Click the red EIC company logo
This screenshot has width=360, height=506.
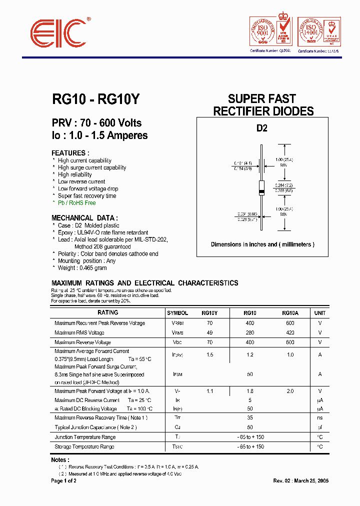coord(59,34)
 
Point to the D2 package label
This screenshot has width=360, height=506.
coord(262,128)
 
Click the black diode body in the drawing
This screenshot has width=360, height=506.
coord(261,187)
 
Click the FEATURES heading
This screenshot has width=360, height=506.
coord(70,153)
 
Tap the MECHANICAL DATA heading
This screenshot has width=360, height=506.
coord(84,218)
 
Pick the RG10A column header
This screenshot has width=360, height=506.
coord(290,313)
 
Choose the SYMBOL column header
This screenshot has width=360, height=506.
coord(177,313)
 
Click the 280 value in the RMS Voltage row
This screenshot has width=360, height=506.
coord(249,332)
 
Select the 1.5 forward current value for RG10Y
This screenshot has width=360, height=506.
coord(209,354)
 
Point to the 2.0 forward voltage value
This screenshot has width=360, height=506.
coord(290,391)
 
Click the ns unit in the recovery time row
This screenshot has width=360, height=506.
coord(319,417)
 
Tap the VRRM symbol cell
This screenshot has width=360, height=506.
coord(177,323)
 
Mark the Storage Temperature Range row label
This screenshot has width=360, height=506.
coord(84,446)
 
